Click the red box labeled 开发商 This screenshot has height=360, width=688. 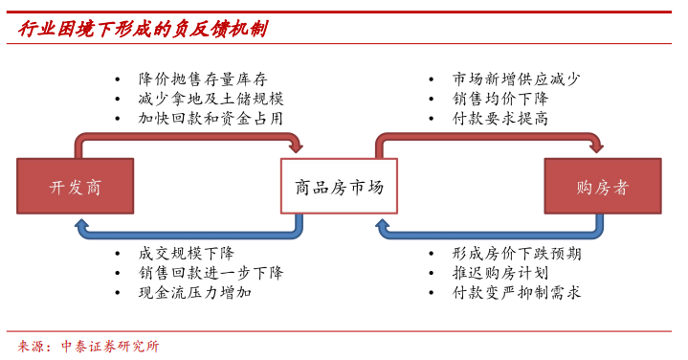click(x=76, y=186)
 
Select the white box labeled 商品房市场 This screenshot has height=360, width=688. click(x=339, y=186)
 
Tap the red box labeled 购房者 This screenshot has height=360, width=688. click(x=603, y=186)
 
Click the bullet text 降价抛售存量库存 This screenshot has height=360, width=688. click(x=203, y=79)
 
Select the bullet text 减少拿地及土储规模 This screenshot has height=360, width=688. click(x=211, y=100)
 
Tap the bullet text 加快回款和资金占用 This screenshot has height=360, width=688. click(x=211, y=120)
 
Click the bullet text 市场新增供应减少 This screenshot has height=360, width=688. click(x=517, y=79)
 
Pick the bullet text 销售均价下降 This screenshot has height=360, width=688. click(x=500, y=100)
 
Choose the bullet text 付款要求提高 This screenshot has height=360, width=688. click(x=500, y=120)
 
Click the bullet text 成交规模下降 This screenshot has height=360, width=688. click(x=187, y=254)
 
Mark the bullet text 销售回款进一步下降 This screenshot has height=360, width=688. click(x=211, y=273)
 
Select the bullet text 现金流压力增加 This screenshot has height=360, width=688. click(x=195, y=293)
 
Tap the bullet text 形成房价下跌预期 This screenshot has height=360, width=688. click(x=517, y=254)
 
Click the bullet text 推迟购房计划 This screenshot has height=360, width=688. click(x=500, y=273)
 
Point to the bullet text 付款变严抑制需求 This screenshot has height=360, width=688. click(x=517, y=293)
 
